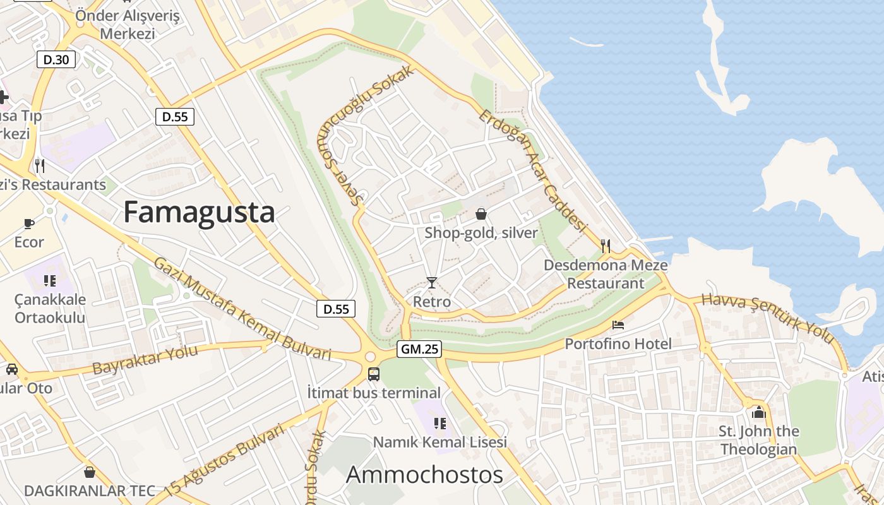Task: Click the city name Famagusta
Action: (x=199, y=212)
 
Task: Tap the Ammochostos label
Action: (x=424, y=475)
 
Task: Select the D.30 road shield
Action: (x=57, y=60)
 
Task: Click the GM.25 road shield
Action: (x=419, y=349)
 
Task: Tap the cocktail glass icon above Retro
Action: (x=432, y=282)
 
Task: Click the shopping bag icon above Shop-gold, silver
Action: (x=481, y=214)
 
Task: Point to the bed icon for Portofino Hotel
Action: (x=618, y=325)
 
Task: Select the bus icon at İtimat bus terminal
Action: (x=374, y=374)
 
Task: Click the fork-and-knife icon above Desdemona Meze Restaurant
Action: (x=606, y=246)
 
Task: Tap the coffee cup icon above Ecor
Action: (x=29, y=223)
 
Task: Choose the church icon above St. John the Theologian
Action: (x=758, y=412)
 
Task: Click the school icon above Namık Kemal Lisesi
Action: (x=440, y=423)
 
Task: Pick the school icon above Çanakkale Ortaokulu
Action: (x=50, y=280)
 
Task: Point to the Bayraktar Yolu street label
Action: (x=145, y=359)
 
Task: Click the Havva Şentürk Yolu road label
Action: (x=768, y=319)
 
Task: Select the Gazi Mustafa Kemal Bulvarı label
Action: (x=242, y=309)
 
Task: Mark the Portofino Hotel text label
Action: (x=618, y=344)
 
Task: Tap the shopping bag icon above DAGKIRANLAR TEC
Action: (x=90, y=472)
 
